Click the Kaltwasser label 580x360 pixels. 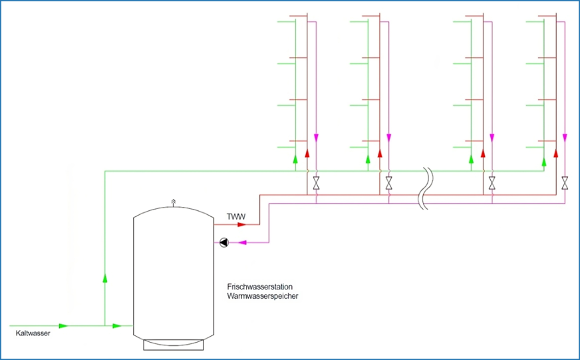33,333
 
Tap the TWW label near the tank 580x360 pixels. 235,217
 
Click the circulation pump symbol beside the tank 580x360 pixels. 223,243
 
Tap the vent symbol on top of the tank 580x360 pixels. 174,201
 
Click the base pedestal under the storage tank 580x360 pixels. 174,344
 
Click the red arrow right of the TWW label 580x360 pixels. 243,224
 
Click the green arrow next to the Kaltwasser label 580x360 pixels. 63,325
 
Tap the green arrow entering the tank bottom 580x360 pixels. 117,325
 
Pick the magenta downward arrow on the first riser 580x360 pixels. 316,138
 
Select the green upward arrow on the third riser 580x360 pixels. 472,160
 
